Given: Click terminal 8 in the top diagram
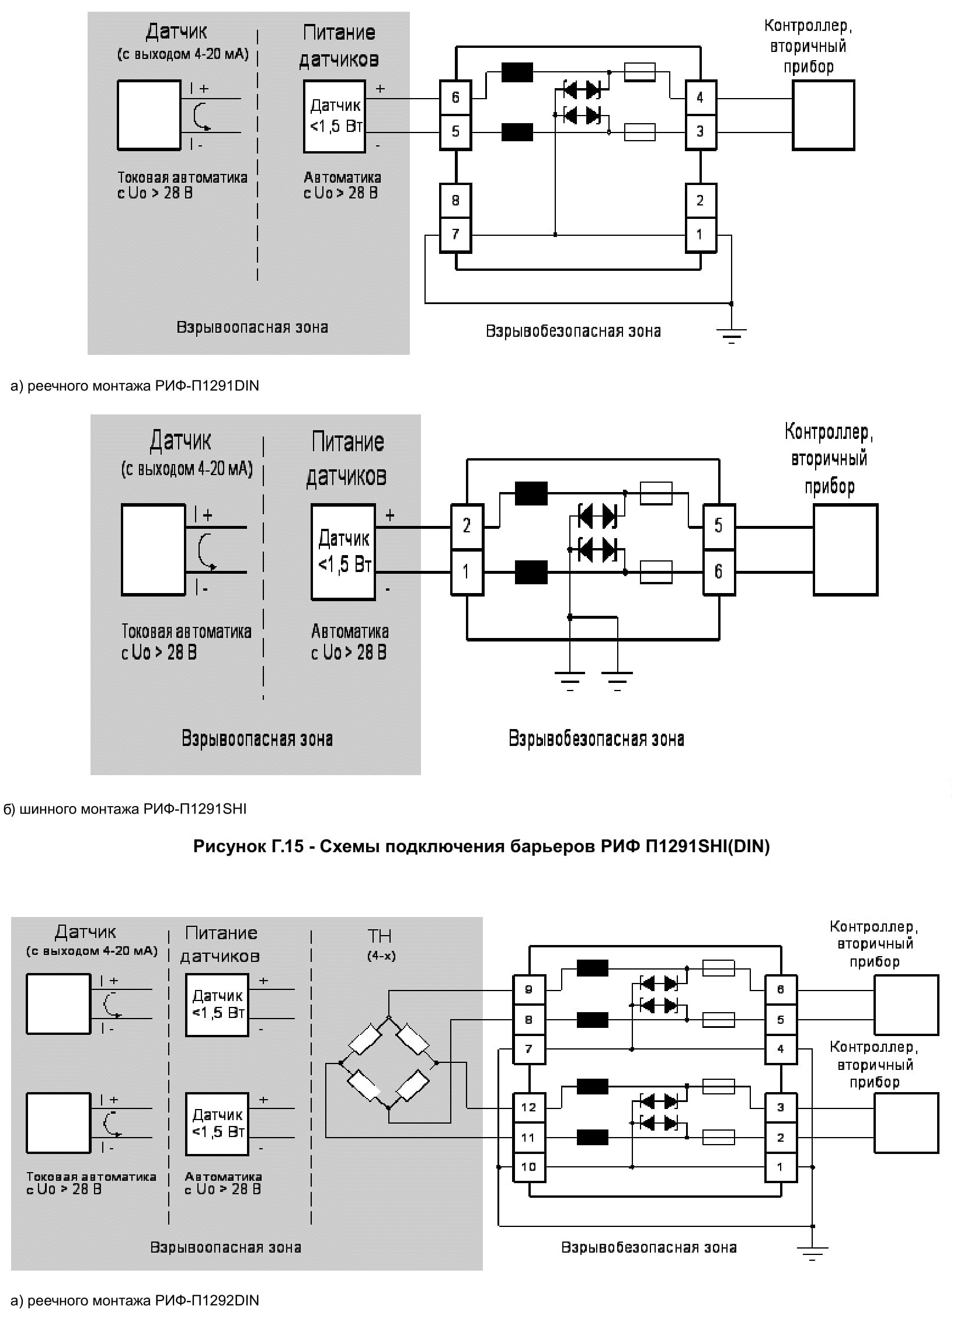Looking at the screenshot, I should click(x=455, y=200).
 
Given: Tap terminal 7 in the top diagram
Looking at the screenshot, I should click(x=455, y=235).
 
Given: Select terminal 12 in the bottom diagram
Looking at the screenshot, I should click(x=528, y=1107).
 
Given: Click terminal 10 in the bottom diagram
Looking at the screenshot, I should click(x=528, y=1167).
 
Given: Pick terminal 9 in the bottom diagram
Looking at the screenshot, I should click(x=528, y=989).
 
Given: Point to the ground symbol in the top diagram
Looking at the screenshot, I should click(x=732, y=336).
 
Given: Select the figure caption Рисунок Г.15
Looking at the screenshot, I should click(x=481, y=846).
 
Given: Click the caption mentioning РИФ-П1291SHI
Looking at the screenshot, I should click(x=125, y=808).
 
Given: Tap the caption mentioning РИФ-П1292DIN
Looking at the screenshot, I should click(x=135, y=1300).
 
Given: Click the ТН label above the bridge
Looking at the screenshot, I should click(x=380, y=936).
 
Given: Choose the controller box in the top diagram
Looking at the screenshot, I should click(x=823, y=116).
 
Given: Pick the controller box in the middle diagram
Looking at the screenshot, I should click(x=845, y=550).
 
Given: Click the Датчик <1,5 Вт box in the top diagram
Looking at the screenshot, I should click(x=334, y=116).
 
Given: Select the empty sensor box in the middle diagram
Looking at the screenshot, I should click(x=153, y=550).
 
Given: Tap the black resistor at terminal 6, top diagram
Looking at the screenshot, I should click(x=517, y=72).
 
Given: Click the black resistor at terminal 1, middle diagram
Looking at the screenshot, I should click(x=531, y=572).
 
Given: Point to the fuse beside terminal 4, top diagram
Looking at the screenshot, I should click(x=640, y=72).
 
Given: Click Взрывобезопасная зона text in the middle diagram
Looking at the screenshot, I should click(x=596, y=738).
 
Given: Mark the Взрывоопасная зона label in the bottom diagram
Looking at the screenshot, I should click(x=225, y=1247).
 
